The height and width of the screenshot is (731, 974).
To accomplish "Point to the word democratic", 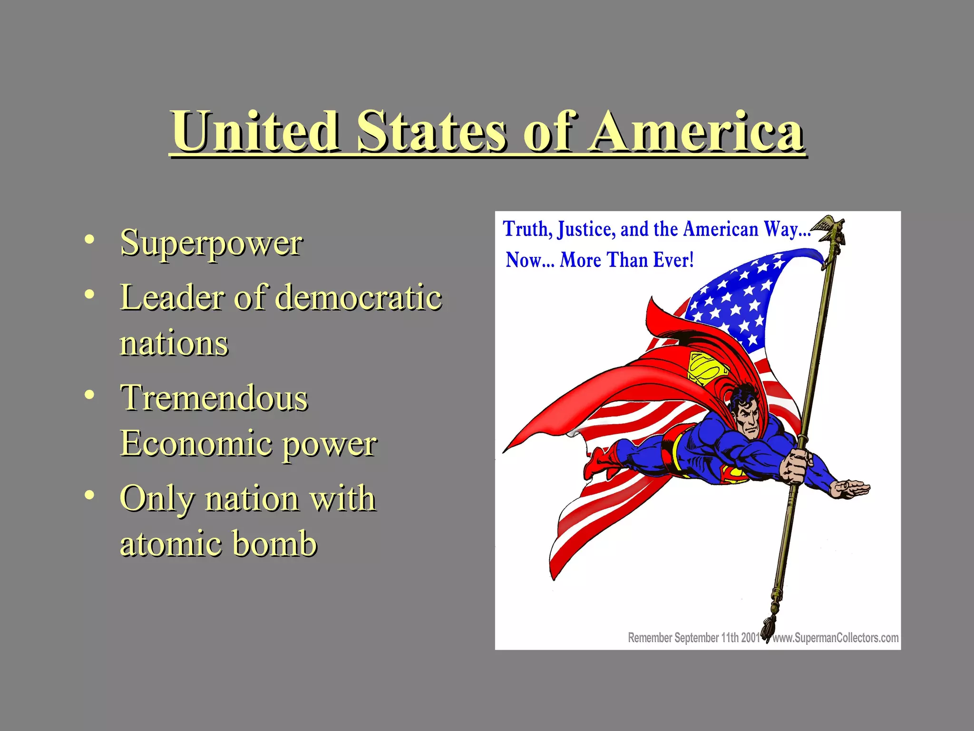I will (359, 297).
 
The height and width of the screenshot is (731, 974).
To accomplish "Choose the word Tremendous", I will (214, 398).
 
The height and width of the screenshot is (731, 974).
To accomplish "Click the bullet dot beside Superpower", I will (89, 240).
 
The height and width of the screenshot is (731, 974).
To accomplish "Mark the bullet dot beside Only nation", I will (89, 495).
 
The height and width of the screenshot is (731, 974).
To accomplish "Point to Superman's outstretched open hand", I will (851, 488).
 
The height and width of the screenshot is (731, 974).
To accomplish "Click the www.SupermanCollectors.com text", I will (835, 638).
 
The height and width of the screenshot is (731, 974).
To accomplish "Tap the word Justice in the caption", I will (587, 229).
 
